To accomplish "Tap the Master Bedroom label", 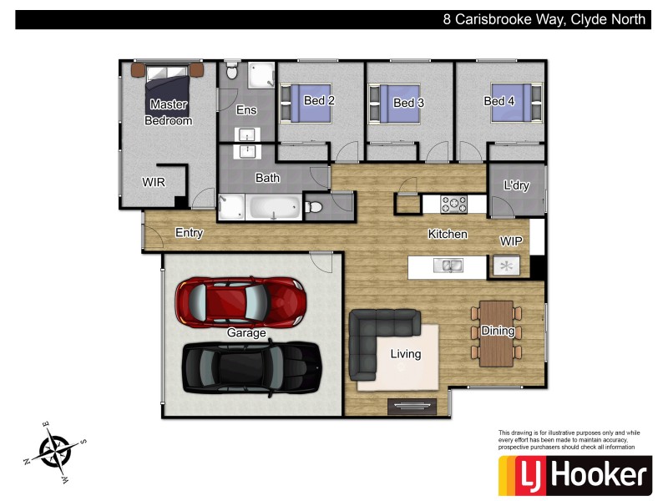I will tap(169, 112).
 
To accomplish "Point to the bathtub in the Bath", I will tap(275, 208).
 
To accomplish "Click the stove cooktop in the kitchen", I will tap(455, 203).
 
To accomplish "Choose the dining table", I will tap(498, 331).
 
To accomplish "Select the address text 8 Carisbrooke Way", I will tap(544, 19).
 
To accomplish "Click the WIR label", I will tap(154, 181).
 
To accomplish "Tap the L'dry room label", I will tap(517, 185).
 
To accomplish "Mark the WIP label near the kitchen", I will tap(512, 240).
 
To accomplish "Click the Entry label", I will tap(189, 233).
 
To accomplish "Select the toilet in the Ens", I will tap(232, 73).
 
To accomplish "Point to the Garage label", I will tap(246, 333).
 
